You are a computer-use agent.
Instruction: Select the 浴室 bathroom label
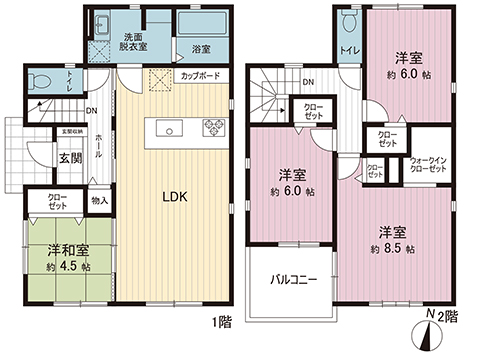200,47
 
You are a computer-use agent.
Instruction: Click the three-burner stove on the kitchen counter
216,127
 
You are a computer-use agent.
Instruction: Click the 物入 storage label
99,201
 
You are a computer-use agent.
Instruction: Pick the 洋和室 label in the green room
63,250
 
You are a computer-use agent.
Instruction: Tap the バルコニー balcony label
293,280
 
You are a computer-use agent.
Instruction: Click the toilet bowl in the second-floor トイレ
348,22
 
